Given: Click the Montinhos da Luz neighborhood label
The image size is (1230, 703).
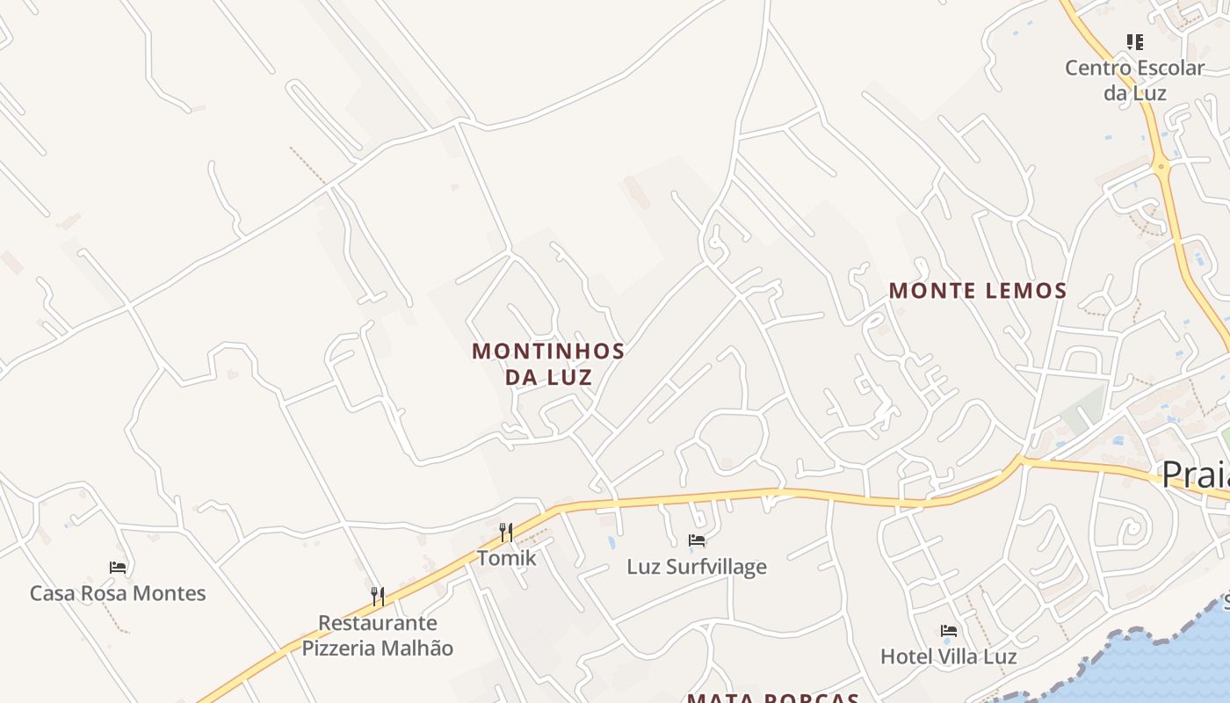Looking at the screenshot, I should [548, 364].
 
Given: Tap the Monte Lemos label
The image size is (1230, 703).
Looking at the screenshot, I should [978, 291].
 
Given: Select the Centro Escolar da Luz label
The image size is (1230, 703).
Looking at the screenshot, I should [1134, 80].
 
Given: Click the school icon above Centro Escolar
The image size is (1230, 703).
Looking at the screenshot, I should [1135, 41].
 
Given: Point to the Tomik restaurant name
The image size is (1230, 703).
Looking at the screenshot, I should [506, 558].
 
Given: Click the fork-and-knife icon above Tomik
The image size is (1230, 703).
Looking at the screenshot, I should [506, 532].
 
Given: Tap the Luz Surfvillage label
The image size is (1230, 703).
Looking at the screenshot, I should [697, 567].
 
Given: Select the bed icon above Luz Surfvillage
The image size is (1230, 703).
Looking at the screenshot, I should [697, 540].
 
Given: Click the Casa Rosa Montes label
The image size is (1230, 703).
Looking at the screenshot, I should [118, 593].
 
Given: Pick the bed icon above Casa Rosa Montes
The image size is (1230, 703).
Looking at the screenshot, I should [118, 568].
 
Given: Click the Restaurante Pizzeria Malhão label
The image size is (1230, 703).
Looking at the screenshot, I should [378, 635].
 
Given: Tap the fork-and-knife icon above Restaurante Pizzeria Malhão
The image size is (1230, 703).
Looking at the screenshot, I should [378, 597].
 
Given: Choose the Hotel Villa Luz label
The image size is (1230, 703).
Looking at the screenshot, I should [949, 656].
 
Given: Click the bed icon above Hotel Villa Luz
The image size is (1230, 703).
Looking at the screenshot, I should [949, 630].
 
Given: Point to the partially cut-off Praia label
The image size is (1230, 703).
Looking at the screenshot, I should [1195, 475].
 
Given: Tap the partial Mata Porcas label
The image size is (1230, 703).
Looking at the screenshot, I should [772, 698].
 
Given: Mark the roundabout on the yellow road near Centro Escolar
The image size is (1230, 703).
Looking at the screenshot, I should [1162, 165].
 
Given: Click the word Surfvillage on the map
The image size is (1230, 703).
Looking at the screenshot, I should [717, 567].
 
